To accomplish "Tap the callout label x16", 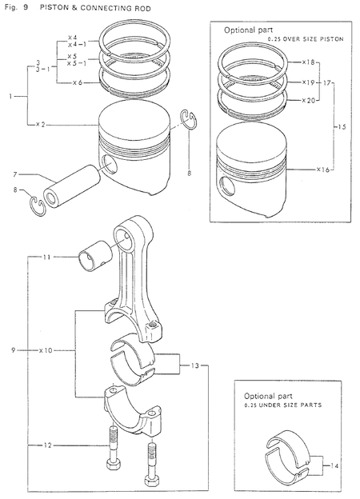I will (x=322, y=170).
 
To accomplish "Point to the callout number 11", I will (x=46, y=257).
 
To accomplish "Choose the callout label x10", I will (x=46, y=350).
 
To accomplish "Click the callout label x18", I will (x=308, y=61).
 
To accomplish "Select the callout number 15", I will (x=342, y=126).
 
